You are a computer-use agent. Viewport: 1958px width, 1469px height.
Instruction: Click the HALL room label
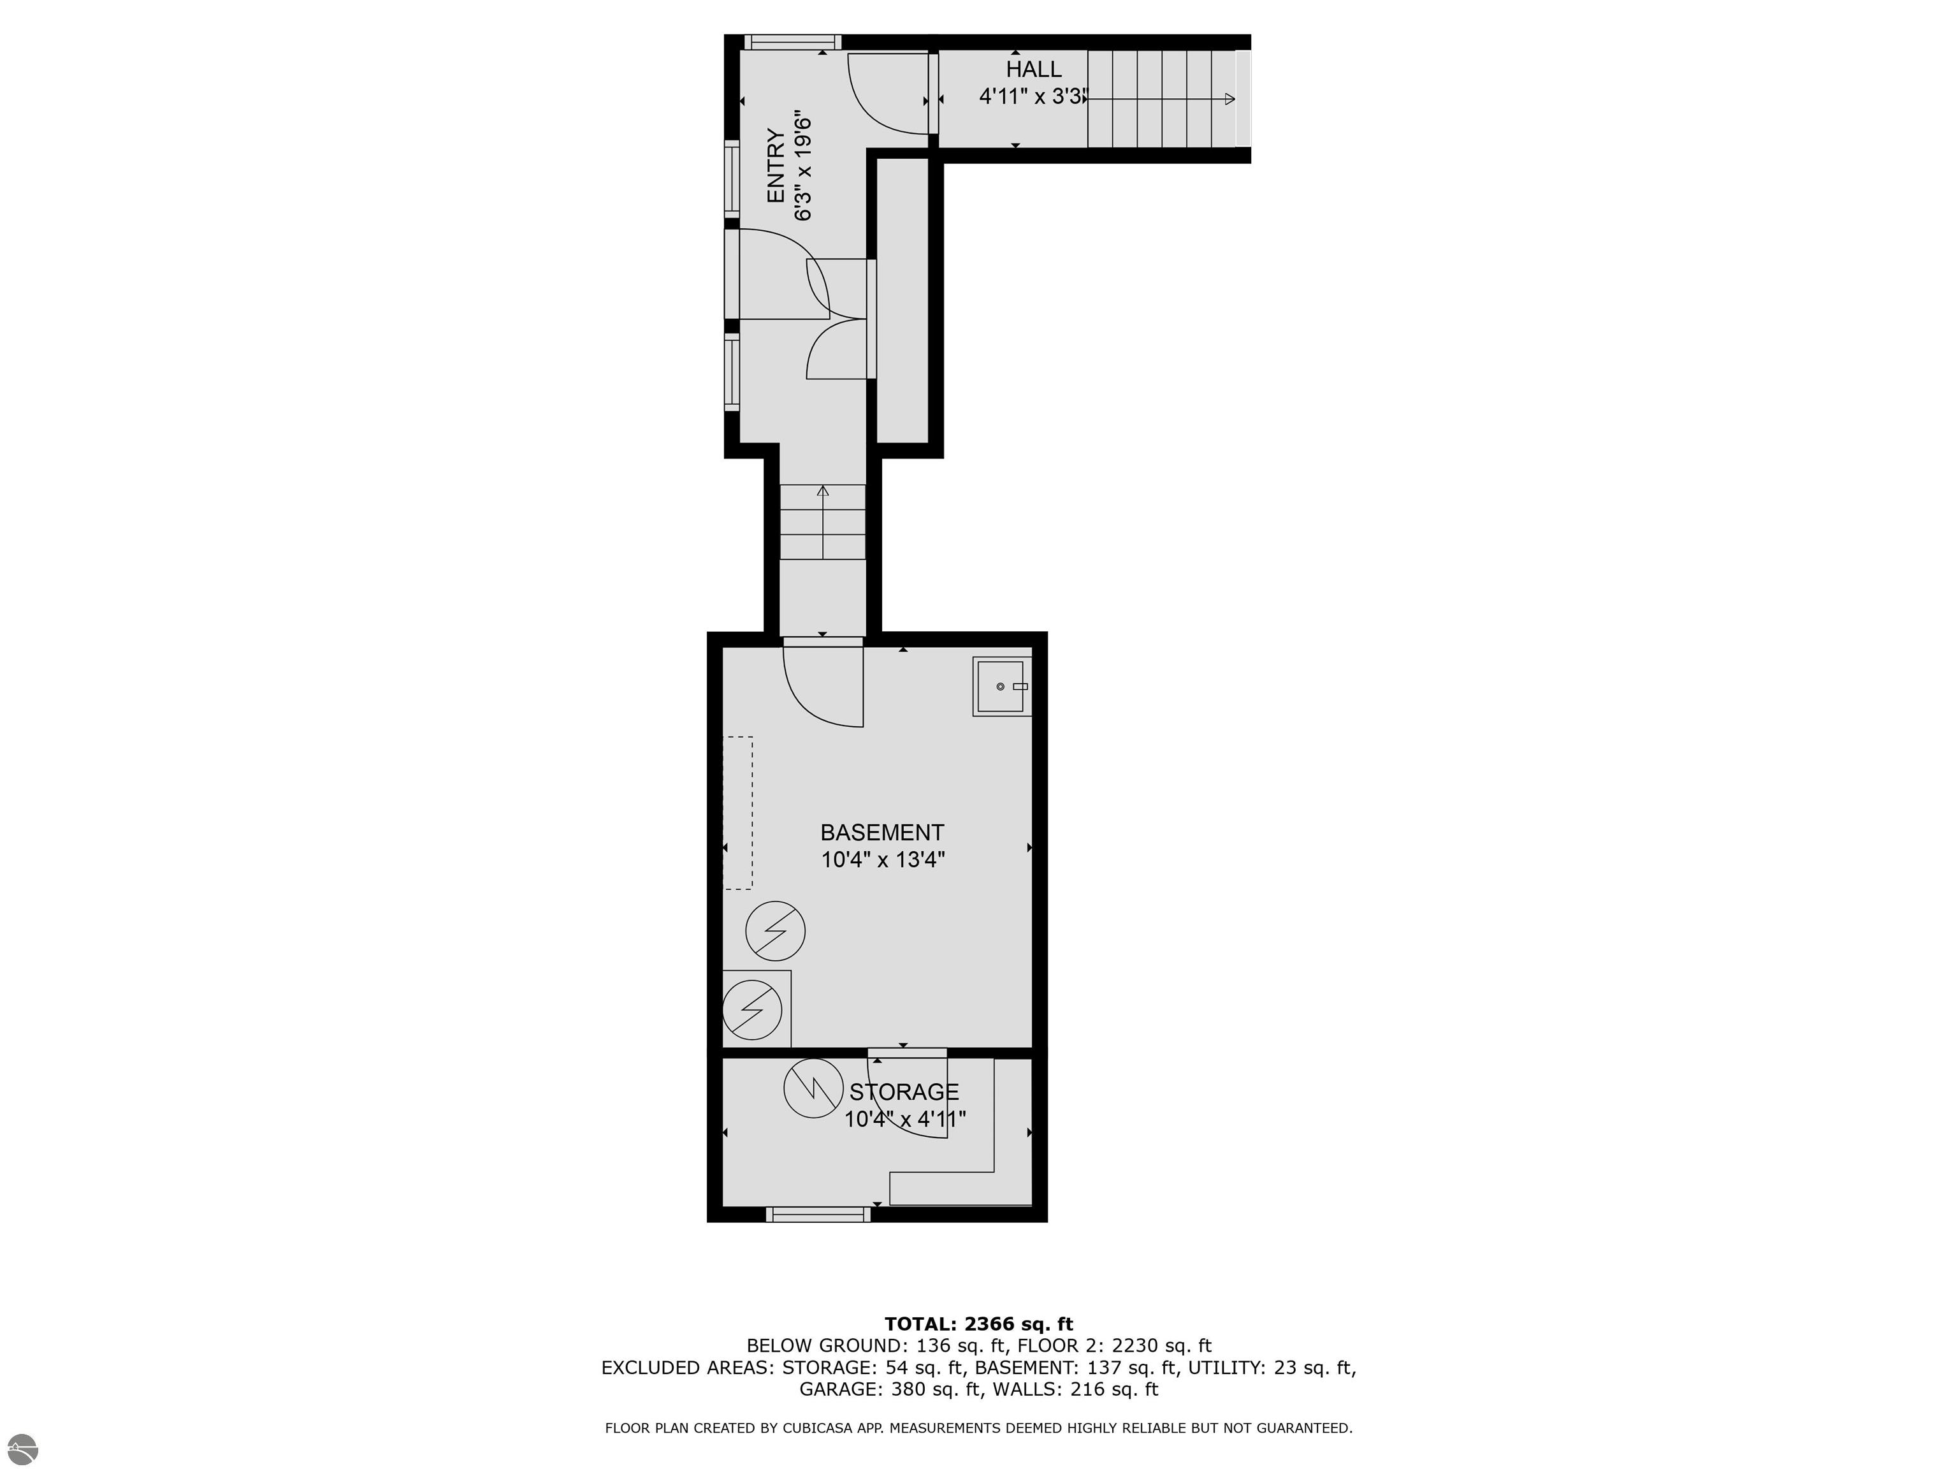[1033, 69]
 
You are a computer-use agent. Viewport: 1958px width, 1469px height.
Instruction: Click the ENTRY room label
[776, 166]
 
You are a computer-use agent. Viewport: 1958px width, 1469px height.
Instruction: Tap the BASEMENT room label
[881, 832]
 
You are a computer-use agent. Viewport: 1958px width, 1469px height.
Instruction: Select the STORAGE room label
[904, 1092]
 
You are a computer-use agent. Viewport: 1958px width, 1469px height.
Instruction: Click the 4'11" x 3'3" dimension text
[1032, 96]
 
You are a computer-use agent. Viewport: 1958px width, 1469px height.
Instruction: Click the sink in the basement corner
[1002, 686]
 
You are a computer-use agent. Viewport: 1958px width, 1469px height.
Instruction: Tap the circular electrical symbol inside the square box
[752, 1009]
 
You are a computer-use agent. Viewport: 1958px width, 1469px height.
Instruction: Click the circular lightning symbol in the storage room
[813, 1086]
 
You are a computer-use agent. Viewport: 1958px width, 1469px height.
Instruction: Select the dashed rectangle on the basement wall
[738, 812]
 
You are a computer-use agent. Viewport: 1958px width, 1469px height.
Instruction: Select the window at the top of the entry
[792, 41]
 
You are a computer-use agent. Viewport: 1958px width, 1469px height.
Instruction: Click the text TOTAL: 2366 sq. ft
[978, 1324]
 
